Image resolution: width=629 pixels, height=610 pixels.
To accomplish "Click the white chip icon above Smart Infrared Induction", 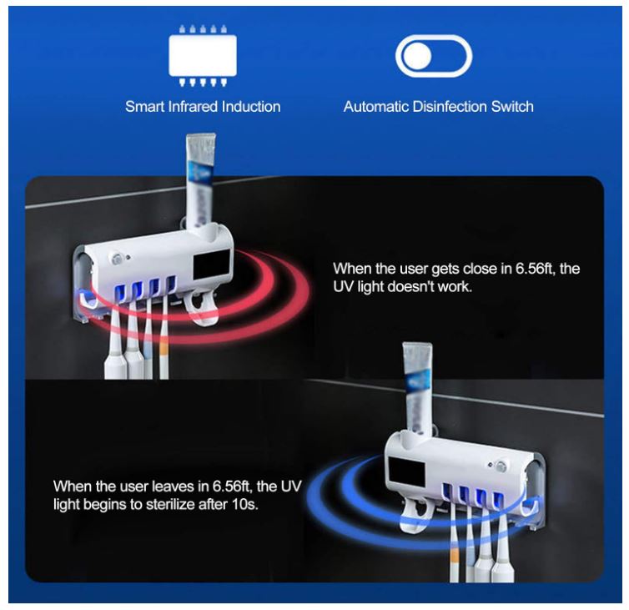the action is [x=203, y=55].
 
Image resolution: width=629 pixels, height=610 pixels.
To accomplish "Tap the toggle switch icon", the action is [x=434, y=56].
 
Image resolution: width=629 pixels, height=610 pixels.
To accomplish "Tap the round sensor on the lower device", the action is [x=501, y=466].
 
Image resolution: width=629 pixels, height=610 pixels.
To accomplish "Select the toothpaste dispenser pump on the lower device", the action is [x=417, y=516].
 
